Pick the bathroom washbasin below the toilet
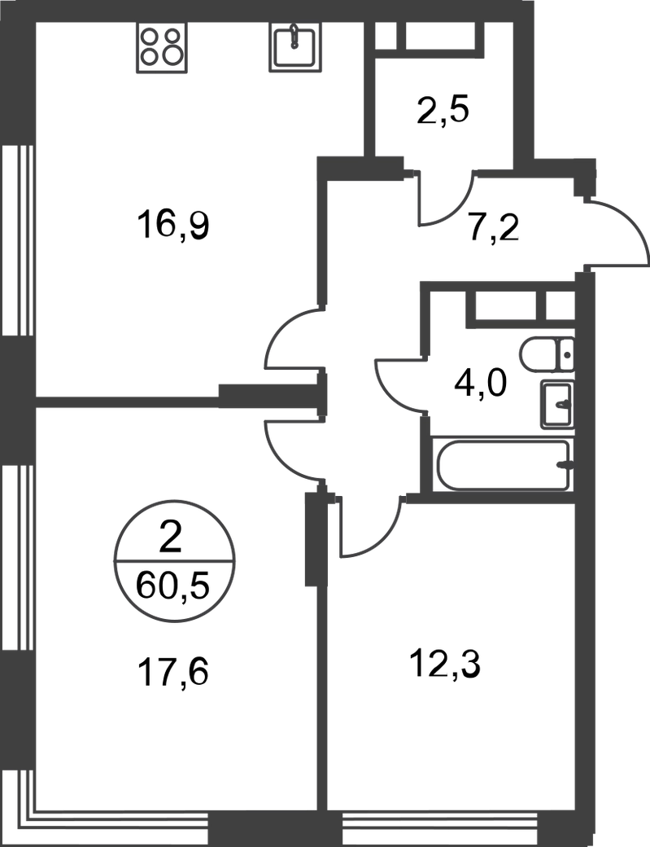558,402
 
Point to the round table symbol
176,560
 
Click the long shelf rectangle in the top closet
440,36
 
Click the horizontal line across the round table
176,558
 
